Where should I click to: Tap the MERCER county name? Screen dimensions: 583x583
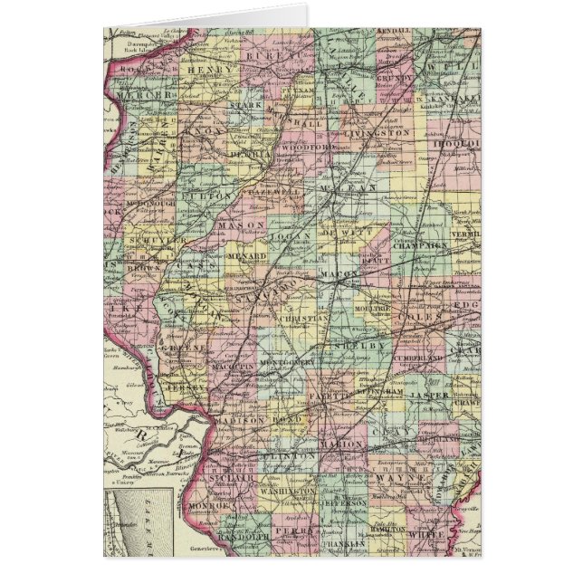[143, 95]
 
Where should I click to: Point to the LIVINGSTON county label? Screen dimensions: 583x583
[373, 132]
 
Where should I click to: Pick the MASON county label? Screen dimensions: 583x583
[242, 225]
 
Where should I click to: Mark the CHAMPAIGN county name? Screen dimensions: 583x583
[422, 245]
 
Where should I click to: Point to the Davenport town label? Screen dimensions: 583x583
[127, 43]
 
